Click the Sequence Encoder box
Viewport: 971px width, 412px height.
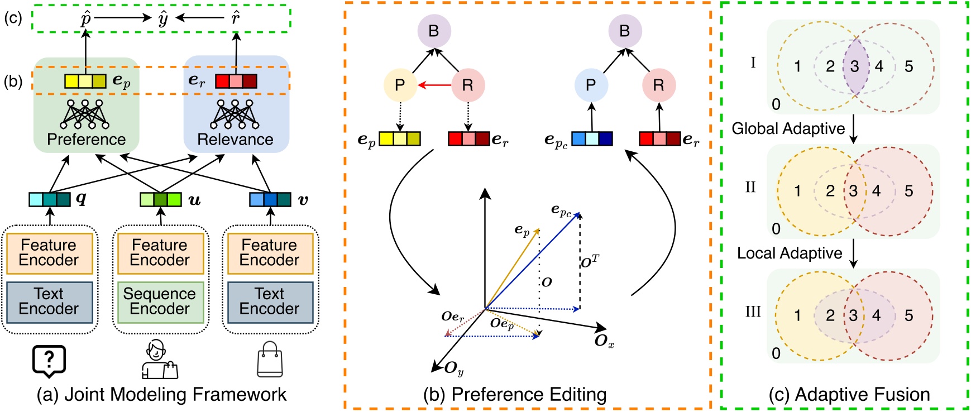tap(160, 302)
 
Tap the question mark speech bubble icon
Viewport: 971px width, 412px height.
tap(49, 360)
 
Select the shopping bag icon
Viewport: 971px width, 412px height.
tap(270, 360)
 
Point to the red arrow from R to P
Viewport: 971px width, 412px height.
tap(434, 85)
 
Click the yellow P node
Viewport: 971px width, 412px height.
tap(400, 85)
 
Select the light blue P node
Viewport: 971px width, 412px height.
tap(591, 85)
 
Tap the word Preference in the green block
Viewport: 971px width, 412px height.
tap(87, 139)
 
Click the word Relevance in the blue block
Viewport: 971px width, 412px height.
tap(236, 139)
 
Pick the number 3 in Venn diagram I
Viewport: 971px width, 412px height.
tap(854, 66)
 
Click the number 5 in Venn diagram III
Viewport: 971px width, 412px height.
tap(908, 316)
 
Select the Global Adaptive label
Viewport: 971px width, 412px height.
tap(788, 129)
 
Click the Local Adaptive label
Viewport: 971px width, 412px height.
tap(789, 253)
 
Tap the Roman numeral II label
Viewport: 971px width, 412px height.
tap(750, 187)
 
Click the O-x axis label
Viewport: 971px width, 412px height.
tap(604, 341)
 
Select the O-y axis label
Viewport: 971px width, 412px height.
tap(453, 368)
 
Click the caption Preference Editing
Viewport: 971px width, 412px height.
tap(514, 395)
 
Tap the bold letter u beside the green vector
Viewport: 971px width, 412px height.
tap(194, 200)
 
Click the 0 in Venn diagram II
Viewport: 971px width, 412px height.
tap(776, 229)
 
